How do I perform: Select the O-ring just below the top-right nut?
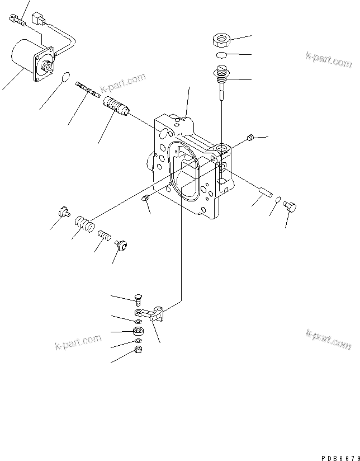point(221,55)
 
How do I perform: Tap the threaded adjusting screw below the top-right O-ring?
point(222,76)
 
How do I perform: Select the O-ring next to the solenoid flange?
point(67,77)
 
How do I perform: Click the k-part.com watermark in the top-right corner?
point(328,59)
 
